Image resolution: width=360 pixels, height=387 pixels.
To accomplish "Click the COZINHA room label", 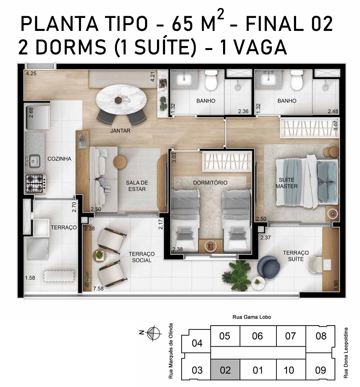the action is coord(59,159).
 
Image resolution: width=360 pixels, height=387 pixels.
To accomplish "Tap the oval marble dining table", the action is coord(121,99).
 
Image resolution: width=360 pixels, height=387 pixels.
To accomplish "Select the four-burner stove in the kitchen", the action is coord(36,183).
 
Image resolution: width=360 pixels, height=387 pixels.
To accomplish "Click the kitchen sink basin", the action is coord(34,161).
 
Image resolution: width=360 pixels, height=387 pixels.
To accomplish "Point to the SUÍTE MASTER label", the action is coord(287,183).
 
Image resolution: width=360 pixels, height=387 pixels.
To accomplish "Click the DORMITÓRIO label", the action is coord(210,183).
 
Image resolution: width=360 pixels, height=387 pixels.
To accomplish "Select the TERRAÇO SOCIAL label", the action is coord(142,257).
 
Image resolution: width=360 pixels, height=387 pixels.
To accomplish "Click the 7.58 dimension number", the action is coord(98,289).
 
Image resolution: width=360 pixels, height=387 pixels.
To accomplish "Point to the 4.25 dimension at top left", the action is coord(31,73).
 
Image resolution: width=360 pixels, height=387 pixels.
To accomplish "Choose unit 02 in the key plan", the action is coord(225,370).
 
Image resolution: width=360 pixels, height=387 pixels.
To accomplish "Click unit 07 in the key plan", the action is coord(290,336).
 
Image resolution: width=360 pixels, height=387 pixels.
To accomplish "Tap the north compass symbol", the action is coord(153,333).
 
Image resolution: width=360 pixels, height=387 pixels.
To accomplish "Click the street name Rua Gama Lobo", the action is coord(251,317).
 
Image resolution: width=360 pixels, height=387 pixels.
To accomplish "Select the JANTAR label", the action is coord(120,131).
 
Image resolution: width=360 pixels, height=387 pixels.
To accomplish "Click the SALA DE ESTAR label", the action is coord(137,186).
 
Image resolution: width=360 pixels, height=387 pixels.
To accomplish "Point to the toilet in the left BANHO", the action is coord(211,80).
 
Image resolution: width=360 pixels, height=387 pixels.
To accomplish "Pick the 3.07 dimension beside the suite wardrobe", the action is coord(335,125).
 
